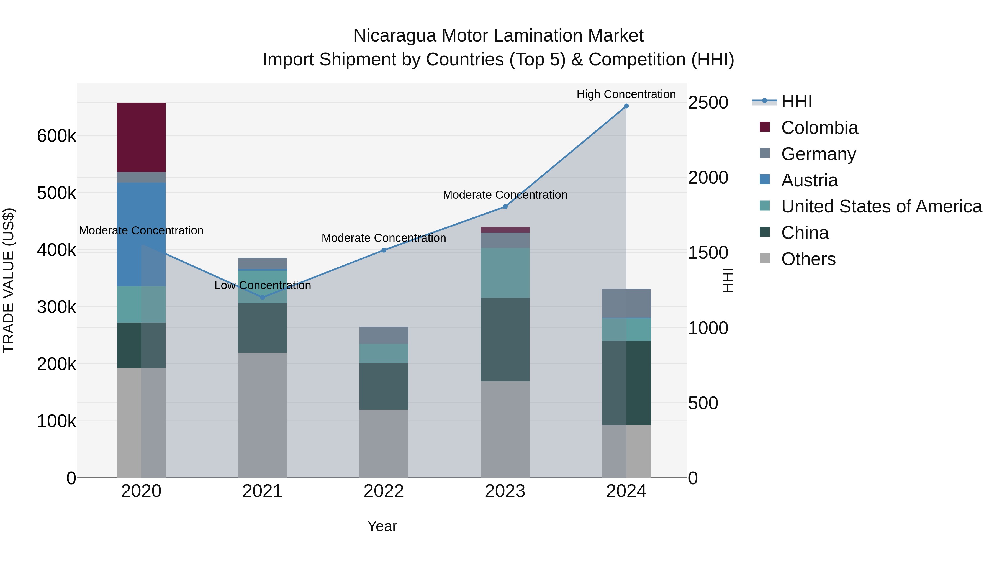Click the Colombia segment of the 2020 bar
(141, 137)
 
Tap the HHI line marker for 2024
(626, 106)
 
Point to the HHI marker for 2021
(263, 297)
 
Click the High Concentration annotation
(626, 94)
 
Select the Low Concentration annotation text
(263, 285)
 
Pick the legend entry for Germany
(818, 154)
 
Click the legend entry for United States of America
(881, 206)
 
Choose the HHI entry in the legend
(796, 101)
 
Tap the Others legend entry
(808, 259)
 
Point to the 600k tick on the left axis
(56, 136)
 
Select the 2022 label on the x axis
(384, 491)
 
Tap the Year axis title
(382, 526)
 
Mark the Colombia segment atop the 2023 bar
(505, 230)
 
